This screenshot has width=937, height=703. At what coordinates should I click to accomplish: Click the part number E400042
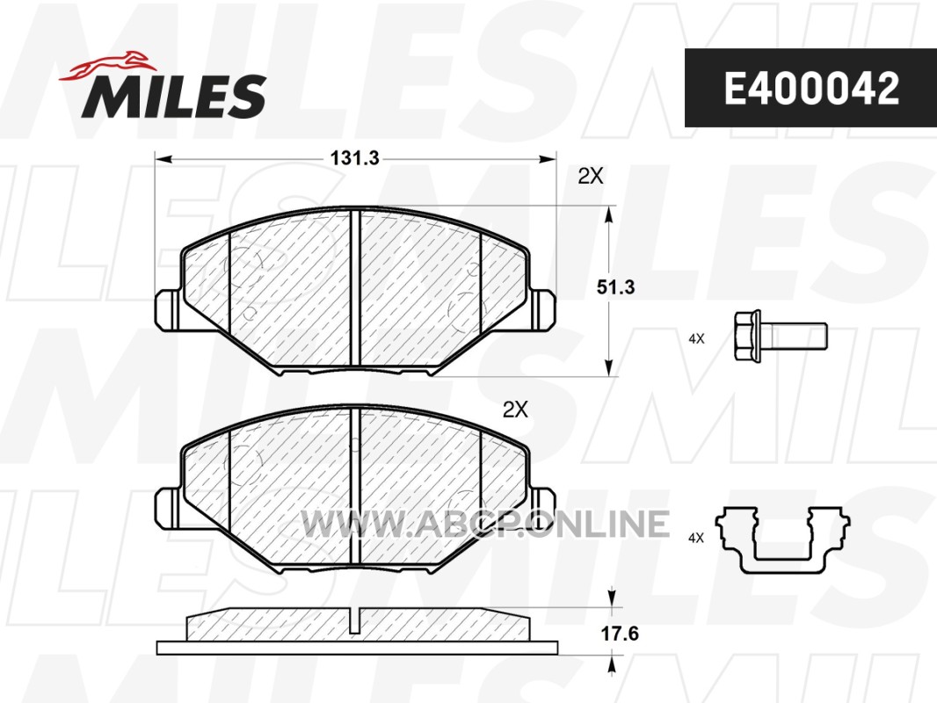coord(811,89)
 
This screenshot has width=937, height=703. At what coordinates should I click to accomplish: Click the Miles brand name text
coord(173,96)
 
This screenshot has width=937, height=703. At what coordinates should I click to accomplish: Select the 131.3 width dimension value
coord(355,158)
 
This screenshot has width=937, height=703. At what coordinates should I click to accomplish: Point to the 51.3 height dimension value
coord(615,287)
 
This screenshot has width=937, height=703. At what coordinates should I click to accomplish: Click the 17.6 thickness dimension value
coord(620,633)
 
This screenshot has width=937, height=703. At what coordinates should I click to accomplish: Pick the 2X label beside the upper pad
coord(591,177)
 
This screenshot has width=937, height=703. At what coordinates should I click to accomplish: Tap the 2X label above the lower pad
coord(515,409)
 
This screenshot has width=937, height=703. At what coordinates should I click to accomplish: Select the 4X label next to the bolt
coord(696,338)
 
